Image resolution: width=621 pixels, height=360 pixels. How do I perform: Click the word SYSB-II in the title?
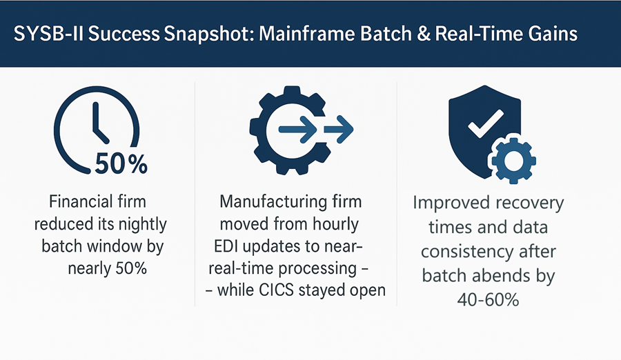[48, 34]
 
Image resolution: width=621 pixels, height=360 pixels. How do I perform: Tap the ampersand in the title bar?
[424, 34]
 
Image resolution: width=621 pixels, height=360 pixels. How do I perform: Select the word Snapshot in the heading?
[208, 34]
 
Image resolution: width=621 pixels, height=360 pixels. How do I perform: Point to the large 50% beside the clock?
[121, 163]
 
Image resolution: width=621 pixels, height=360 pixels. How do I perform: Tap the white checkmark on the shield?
[486, 123]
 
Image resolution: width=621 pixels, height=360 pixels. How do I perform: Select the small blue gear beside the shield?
[513, 161]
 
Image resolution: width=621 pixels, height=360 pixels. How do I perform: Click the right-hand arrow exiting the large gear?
[339, 129]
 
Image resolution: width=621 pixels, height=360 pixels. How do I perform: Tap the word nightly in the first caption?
[143, 225]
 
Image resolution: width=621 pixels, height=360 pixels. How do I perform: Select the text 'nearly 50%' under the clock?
[108, 268]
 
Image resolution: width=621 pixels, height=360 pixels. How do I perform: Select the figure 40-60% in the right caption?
[488, 300]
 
